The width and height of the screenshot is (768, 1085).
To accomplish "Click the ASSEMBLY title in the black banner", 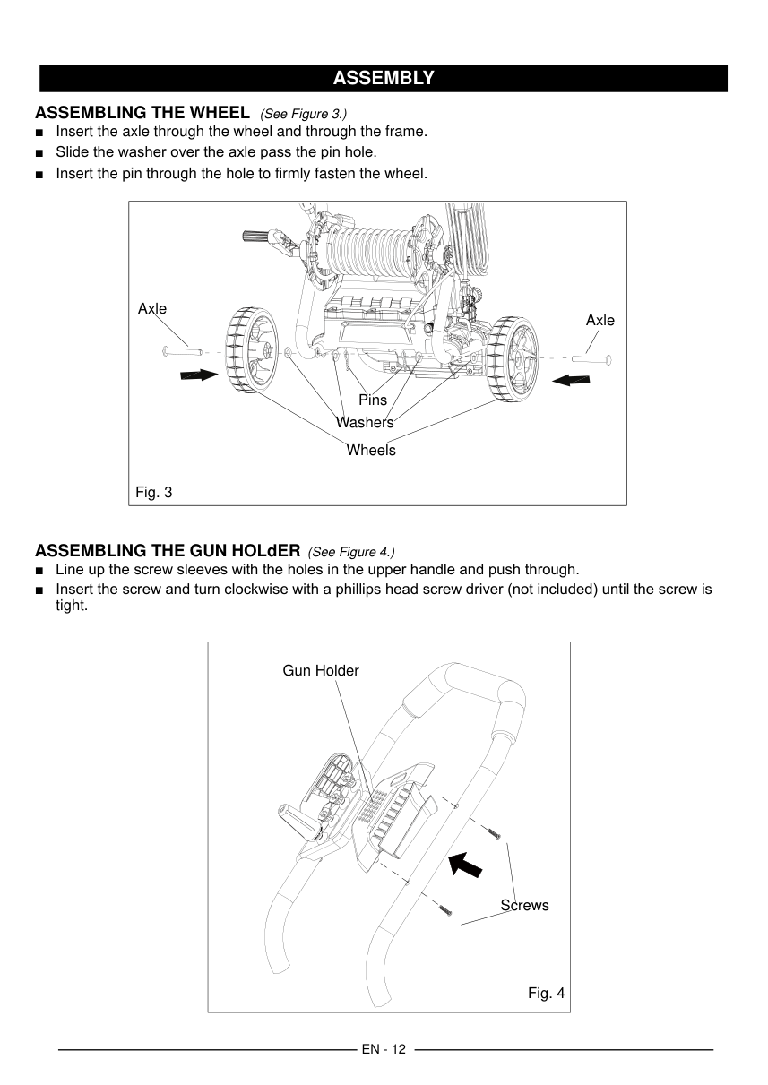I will pos(384,78).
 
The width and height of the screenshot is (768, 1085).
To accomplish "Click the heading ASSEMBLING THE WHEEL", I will pos(142,113).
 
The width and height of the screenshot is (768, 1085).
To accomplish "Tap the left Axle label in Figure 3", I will pos(152,308).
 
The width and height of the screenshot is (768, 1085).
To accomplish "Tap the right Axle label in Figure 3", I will pos(600,320).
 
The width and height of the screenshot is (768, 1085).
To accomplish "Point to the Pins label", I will pos(373,400).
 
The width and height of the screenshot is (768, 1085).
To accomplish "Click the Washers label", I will pos(365,422).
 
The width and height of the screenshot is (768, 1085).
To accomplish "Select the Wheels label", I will pos(371,450).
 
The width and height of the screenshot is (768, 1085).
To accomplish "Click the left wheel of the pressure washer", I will pos(249,349).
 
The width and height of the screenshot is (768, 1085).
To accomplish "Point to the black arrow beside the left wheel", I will pos(199,375).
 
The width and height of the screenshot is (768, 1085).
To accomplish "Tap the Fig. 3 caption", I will pos(153,492).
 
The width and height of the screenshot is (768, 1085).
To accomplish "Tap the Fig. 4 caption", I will pos(546,993).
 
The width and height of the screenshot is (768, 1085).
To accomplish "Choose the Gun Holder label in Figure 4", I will pos(321,670).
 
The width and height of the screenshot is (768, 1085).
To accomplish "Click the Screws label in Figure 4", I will pos(524,905).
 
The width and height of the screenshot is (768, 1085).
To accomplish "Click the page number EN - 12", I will pos(384,1049).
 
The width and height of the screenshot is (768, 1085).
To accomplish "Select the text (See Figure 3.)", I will pos(303,114).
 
